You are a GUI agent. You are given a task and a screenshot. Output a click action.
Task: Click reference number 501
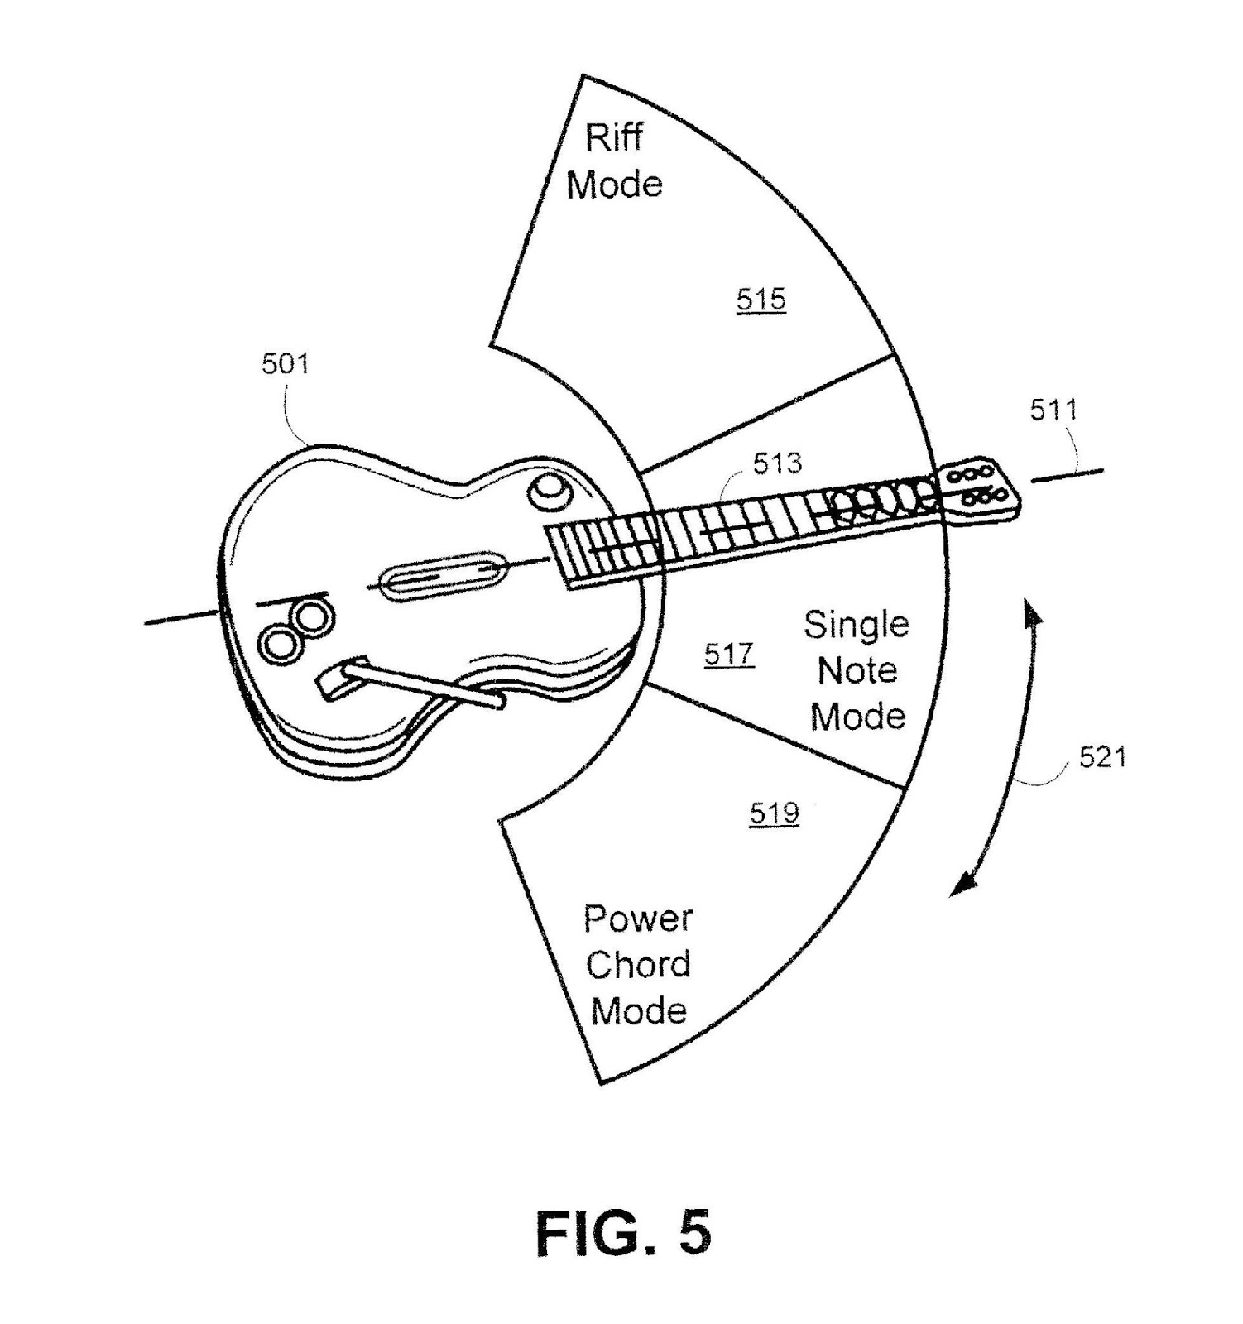click(285, 363)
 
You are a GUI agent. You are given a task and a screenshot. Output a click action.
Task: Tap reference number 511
click(1053, 410)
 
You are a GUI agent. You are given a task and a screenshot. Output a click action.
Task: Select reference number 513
click(777, 463)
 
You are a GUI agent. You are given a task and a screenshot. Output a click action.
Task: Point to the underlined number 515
click(761, 299)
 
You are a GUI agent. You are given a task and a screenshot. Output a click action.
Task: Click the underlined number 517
click(729, 655)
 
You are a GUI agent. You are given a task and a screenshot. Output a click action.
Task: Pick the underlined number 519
click(775, 813)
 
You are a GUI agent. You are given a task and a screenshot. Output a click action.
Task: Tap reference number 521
click(1102, 757)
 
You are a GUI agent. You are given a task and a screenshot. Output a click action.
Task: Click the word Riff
click(614, 137)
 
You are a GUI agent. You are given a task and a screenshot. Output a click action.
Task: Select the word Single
click(856, 624)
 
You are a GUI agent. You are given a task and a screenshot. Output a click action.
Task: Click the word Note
click(857, 669)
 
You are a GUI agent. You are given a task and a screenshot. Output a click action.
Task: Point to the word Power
click(638, 919)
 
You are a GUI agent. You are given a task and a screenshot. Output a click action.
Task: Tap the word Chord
click(638, 965)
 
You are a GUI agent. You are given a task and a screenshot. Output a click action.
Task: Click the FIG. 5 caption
click(623, 1234)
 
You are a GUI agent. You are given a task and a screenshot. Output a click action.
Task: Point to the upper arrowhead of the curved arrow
click(1031, 612)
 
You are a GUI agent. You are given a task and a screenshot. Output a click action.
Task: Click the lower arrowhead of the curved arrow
click(961, 885)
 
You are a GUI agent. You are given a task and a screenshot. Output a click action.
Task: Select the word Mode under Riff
click(614, 184)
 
